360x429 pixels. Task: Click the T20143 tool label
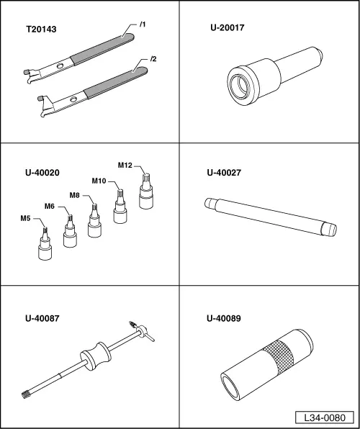[x=41, y=29]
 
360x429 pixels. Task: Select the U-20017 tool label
[x=228, y=27]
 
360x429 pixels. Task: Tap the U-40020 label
[x=42, y=173]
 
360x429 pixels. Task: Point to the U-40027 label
[x=224, y=173]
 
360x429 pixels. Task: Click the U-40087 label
[x=42, y=318]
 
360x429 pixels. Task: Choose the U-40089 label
[x=224, y=318]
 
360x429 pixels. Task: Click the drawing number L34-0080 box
[x=325, y=417]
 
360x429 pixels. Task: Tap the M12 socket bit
[x=146, y=191]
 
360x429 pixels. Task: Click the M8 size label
[x=74, y=195]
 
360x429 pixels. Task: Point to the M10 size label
[x=99, y=181]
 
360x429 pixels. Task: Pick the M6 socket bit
[x=70, y=232]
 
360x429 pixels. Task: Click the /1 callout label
[x=143, y=24]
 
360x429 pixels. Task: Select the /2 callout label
[x=153, y=59]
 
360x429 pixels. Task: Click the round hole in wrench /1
[x=60, y=66]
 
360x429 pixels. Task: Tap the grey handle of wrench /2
[x=115, y=83]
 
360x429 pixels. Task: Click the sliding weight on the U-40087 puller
[x=96, y=356]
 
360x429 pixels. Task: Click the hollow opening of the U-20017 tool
[x=240, y=87]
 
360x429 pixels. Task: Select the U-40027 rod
[x=271, y=217]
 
